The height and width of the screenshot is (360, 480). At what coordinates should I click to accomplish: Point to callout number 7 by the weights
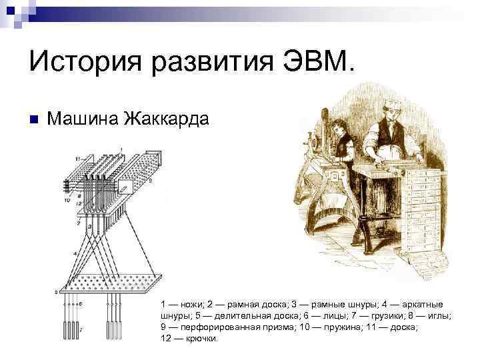click(x=81, y=330)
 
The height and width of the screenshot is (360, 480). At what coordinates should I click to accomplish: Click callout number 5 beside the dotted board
click(x=56, y=291)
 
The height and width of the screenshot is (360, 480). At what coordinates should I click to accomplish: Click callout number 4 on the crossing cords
click(x=75, y=254)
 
